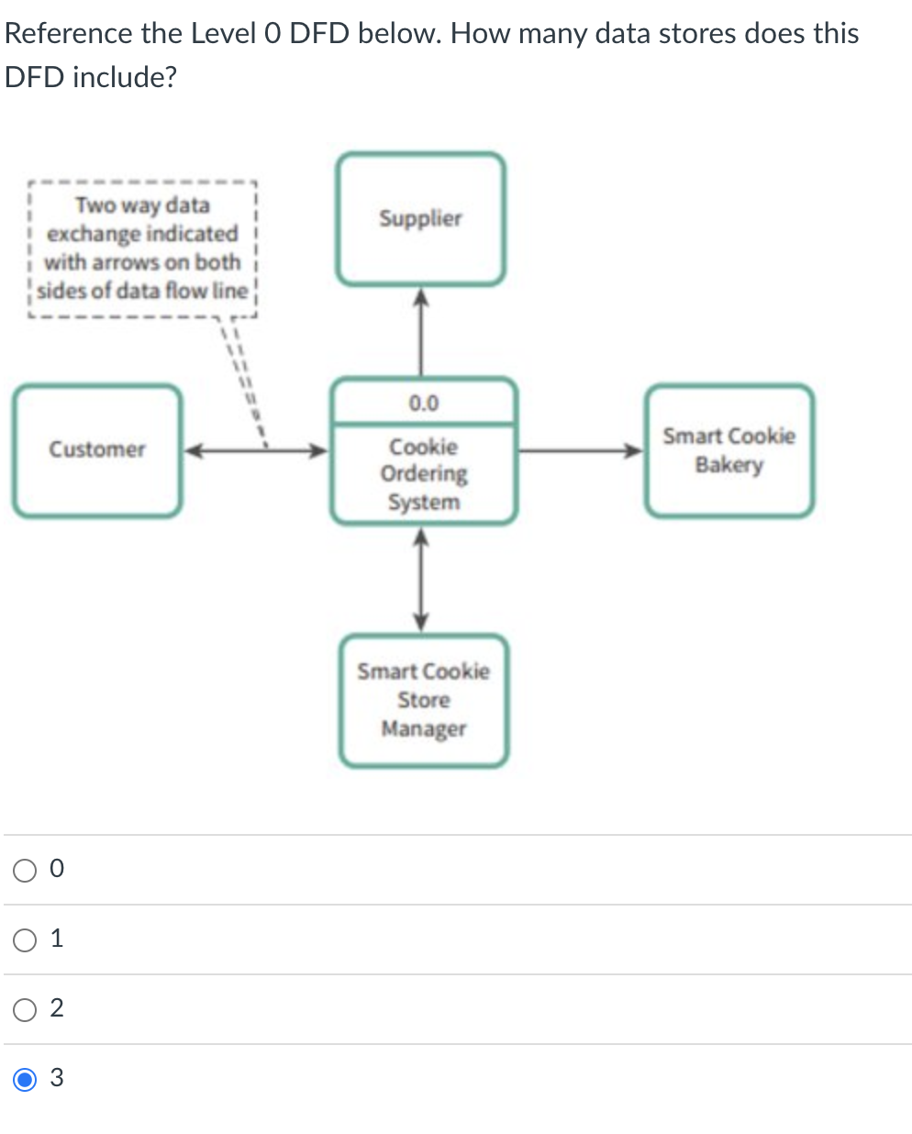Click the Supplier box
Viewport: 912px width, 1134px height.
pos(420,219)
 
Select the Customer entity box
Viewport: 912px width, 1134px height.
pos(97,450)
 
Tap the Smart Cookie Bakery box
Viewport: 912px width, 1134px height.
pos(728,450)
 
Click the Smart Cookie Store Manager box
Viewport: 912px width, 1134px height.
pos(423,700)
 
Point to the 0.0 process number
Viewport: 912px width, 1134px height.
pos(423,403)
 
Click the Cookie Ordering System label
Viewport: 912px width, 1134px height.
pos(423,474)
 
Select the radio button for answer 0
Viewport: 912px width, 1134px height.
pos(25,869)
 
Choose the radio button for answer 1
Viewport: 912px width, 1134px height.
pos(25,939)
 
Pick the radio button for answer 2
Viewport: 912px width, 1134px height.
pos(25,1008)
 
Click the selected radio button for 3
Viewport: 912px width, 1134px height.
pos(25,1078)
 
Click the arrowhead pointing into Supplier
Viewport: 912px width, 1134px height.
pos(420,296)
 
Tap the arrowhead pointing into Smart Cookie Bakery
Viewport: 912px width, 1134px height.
pos(634,450)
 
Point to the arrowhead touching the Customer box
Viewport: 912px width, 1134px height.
pos(194,450)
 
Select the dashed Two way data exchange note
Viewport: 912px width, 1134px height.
pos(142,248)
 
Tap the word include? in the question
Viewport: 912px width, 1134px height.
pos(124,77)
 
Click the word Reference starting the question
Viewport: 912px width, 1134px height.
pos(69,34)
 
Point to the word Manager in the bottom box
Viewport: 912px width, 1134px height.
pos(423,729)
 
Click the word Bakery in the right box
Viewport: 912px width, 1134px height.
pos(728,465)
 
